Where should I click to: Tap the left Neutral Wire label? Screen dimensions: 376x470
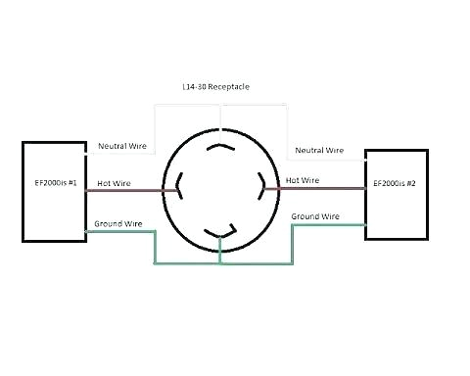coord(122,146)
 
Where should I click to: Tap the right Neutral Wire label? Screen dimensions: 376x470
coord(319,151)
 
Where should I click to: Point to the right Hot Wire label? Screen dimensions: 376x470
coord(302,180)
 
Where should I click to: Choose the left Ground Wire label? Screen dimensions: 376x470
coord(119,224)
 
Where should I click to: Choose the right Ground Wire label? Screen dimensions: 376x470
coord(315,215)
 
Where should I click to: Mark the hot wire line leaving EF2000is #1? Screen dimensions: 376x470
coord(127,190)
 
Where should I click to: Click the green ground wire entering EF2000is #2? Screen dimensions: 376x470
coord(328,224)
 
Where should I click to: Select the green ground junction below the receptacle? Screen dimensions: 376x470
coord(221,262)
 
